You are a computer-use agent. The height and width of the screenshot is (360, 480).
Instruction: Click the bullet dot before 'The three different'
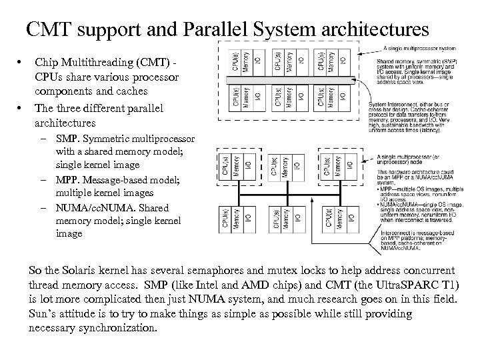pos(23,107)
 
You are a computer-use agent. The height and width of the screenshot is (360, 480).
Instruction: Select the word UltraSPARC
pos(410,285)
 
